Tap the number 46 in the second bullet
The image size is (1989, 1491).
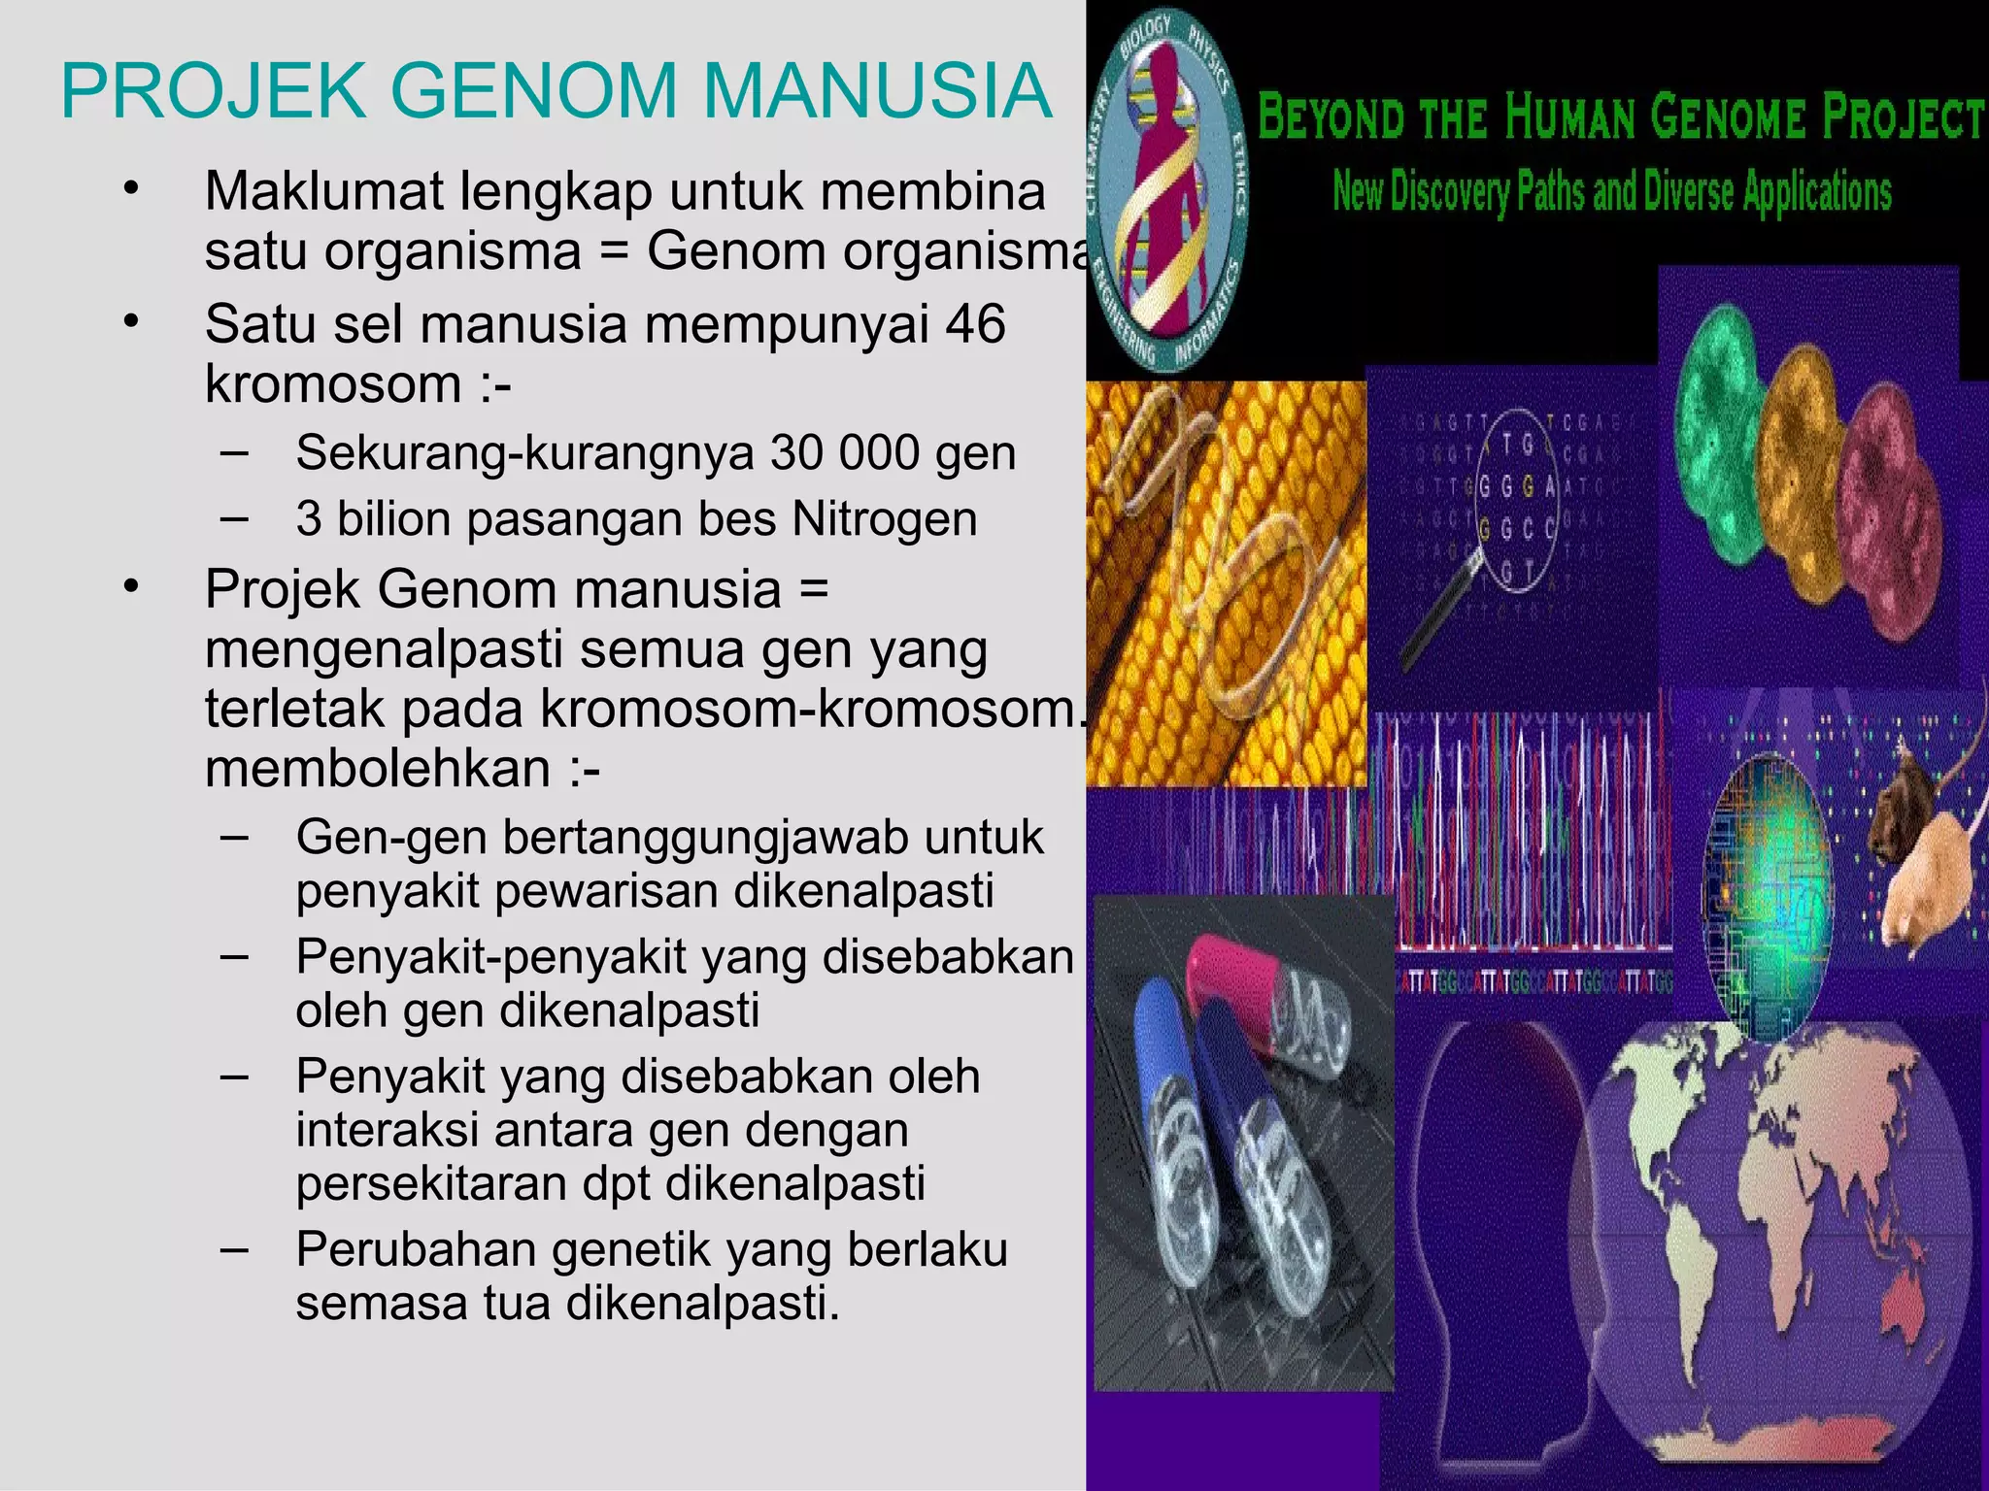tap(974, 323)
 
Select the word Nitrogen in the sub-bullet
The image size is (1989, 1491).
tap(884, 518)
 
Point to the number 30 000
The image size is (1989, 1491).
tap(844, 452)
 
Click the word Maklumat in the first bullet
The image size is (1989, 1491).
tap(324, 191)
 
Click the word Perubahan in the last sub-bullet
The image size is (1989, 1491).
tap(416, 1249)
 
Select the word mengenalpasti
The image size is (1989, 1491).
tap(385, 650)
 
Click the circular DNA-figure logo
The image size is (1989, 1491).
tap(1166, 194)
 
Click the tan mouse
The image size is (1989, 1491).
tap(1928, 874)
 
